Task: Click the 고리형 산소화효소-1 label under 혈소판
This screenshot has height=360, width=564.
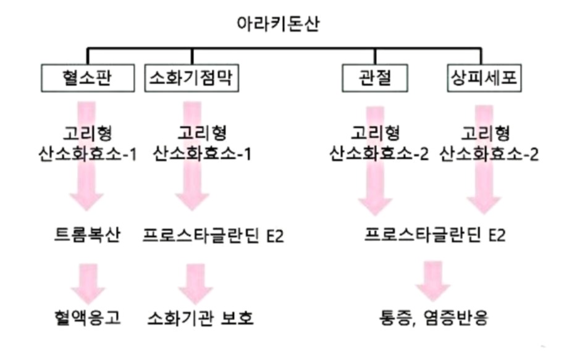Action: pyautogui.click(x=87, y=143)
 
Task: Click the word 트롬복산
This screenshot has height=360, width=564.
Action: pyautogui.click(x=87, y=236)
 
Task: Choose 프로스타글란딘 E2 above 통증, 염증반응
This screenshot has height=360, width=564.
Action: pyautogui.click(x=432, y=236)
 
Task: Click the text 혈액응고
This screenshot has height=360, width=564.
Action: pyautogui.click(x=87, y=318)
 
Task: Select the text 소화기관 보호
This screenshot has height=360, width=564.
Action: pyautogui.click(x=201, y=318)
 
